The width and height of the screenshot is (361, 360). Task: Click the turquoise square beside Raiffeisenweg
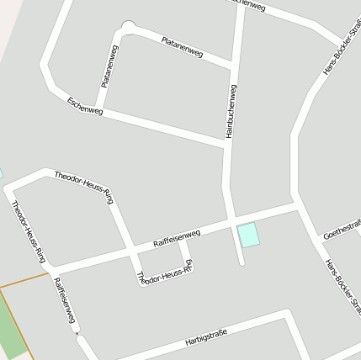[248, 236]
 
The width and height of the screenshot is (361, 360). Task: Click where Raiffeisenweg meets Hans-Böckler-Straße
[297, 204]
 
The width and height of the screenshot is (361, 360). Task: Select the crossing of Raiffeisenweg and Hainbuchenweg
[228, 222]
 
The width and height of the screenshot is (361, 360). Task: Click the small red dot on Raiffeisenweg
[77, 334]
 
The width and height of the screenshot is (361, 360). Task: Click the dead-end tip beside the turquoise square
[242, 262]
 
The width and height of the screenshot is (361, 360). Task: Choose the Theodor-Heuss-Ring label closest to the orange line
[29, 231]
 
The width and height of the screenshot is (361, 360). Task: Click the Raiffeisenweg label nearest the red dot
[65, 301]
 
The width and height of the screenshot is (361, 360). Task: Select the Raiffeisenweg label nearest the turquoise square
[177, 237]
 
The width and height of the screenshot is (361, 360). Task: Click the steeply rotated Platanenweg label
[109, 67]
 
